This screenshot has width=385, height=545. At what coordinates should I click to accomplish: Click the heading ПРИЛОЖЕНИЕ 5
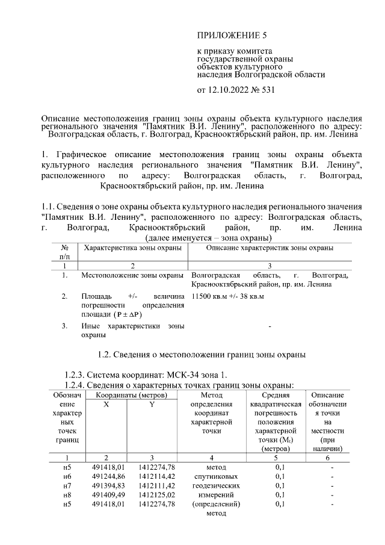click(232, 36)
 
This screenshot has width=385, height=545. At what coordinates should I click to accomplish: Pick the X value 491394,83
click(106, 485)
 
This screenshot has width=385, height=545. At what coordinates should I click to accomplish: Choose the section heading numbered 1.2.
click(202, 355)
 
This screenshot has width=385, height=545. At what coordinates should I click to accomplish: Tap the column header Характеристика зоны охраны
click(134, 248)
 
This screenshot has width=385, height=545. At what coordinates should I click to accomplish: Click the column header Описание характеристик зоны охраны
click(269, 248)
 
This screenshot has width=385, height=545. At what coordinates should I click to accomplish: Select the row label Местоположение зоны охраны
click(132, 275)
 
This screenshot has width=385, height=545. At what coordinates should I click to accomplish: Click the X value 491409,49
click(106, 494)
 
